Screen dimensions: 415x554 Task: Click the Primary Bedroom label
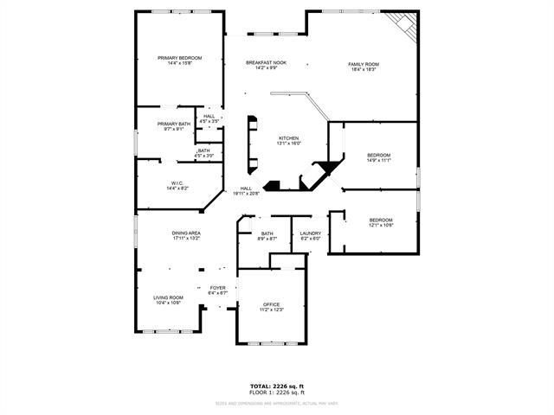point(180,59)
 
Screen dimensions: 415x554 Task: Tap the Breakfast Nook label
point(266,63)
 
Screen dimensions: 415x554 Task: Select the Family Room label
point(364,65)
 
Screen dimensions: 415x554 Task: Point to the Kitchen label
point(288,138)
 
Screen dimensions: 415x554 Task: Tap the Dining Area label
point(186,233)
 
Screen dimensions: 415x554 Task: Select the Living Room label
point(168,297)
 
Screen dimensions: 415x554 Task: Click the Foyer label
point(217,288)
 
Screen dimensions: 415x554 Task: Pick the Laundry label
point(310,233)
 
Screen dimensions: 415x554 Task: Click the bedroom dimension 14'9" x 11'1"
point(379,161)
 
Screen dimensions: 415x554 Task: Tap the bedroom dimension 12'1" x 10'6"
point(381,226)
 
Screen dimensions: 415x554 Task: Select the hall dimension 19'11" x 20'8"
point(247,194)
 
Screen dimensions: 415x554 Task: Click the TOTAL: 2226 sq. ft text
point(276,386)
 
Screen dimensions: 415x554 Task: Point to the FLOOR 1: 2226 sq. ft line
point(276,393)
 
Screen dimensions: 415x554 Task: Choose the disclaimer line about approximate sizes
point(276,403)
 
